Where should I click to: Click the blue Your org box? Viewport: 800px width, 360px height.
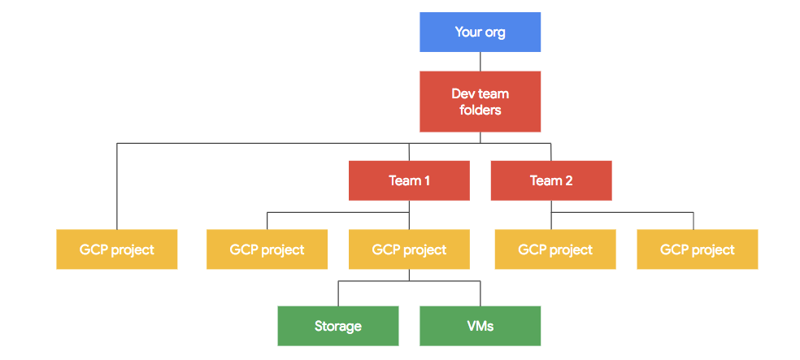click(480, 33)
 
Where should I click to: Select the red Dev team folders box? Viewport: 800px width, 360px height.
click(480, 102)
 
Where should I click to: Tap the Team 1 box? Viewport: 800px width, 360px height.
click(409, 180)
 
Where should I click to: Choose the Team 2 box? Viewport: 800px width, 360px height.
click(551, 180)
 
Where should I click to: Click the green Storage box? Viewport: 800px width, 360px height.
click(337, 326)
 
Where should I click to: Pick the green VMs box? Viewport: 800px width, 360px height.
click(480, 326)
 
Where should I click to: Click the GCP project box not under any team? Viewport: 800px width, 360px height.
click(116, 249)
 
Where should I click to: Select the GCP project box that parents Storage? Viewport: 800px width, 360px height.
click(409, 249)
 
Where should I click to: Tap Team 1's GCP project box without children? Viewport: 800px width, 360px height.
click(267, 249)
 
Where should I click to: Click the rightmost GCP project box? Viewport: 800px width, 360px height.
click(697, 249)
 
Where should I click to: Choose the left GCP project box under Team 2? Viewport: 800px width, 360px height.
click(555, 249)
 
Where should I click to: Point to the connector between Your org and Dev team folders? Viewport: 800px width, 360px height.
click(480, 62)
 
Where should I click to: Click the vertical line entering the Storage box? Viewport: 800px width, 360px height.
click(338, 293)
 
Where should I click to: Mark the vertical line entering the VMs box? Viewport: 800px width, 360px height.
click(480, 293)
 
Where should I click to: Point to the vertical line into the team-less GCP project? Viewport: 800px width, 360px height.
click(117, 187)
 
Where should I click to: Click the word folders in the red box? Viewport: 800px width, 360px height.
click(480, 110)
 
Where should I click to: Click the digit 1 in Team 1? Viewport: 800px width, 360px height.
click(427, 180)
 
